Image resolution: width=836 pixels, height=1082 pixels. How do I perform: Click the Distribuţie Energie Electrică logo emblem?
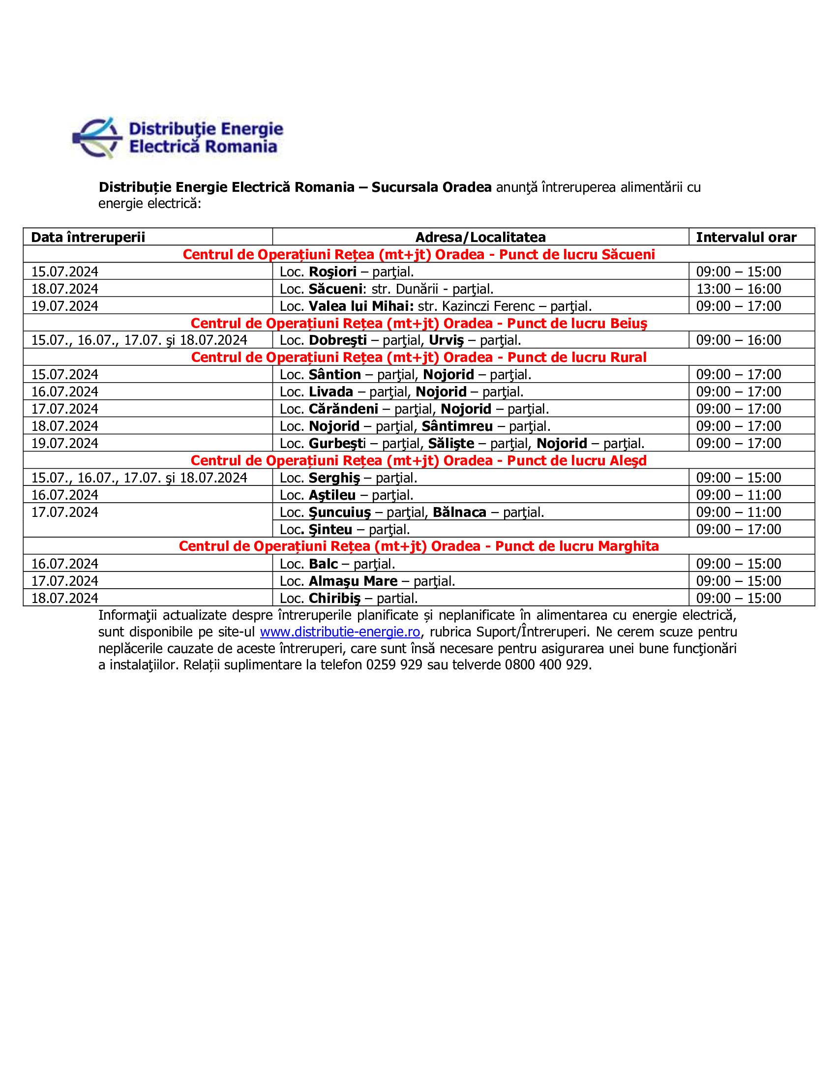pos(97,138)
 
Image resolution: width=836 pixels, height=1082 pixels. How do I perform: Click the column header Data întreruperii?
pos(88,238)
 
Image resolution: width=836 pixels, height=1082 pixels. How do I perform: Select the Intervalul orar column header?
pos(746,238)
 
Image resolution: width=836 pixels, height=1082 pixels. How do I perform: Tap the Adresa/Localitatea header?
pos(480,238)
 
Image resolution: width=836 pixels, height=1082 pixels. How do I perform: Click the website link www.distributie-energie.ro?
pos(340,632)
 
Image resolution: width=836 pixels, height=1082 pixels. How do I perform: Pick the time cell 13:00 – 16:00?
pos(739,289)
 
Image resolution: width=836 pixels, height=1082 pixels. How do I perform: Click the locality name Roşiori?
pos(332,272)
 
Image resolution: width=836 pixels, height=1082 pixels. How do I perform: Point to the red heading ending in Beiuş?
pos(418,324)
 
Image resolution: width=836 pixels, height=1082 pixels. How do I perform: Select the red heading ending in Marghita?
pos(418,546)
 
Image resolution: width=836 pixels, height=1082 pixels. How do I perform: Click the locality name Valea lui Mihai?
pos(361,306)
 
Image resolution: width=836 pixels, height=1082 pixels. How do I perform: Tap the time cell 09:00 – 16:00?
pos(739,340)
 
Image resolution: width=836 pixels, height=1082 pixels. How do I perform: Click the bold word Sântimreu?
pos(457,426)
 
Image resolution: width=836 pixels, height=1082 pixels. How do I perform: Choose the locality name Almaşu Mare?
pos(353,581)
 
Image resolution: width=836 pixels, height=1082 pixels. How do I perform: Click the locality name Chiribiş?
pos(335,599)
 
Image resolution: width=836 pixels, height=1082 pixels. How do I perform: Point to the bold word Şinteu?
pos(330,530)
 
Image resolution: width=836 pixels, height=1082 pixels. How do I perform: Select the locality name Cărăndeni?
pos(343,409)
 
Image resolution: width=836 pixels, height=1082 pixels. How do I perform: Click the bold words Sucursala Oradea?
pos(431,187)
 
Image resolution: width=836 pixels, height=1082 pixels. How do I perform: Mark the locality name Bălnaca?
pos(459,512)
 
